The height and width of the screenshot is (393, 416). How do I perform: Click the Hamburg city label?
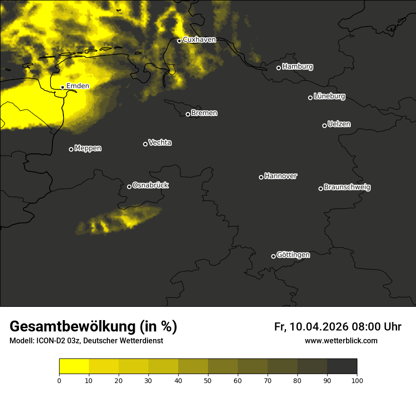[x=297, y=67]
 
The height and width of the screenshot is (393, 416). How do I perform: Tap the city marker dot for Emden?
[x=62, y=87]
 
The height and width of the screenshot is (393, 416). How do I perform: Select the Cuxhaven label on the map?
[x=199, y=40]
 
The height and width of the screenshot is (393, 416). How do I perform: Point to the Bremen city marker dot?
[x=188, y=114]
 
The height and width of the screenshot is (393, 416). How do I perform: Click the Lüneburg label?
[x=329, y=97]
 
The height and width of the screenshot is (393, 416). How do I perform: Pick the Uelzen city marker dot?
[x=324, y=125]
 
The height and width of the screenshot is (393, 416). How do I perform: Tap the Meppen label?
[x=88, y=148]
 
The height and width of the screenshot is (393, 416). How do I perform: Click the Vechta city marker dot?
[x=145, y=144]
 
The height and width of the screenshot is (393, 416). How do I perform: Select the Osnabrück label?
[x=150, y=185]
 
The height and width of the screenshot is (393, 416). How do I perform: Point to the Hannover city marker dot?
[x=261, y=177]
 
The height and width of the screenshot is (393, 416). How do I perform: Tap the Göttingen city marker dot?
[x=273, y=256]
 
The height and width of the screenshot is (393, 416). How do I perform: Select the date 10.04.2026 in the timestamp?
[x=319, y=327]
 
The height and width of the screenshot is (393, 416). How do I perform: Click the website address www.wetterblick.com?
[x=341, y=340]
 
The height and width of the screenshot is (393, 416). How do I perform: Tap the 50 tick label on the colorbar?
[x=208, y=380]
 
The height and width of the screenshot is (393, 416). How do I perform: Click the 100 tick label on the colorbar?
[x=357, y=380]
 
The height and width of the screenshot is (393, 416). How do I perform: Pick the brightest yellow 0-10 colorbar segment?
[x=74, y=366]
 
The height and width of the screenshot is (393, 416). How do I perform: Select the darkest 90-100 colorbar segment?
[x=342, y=366]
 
